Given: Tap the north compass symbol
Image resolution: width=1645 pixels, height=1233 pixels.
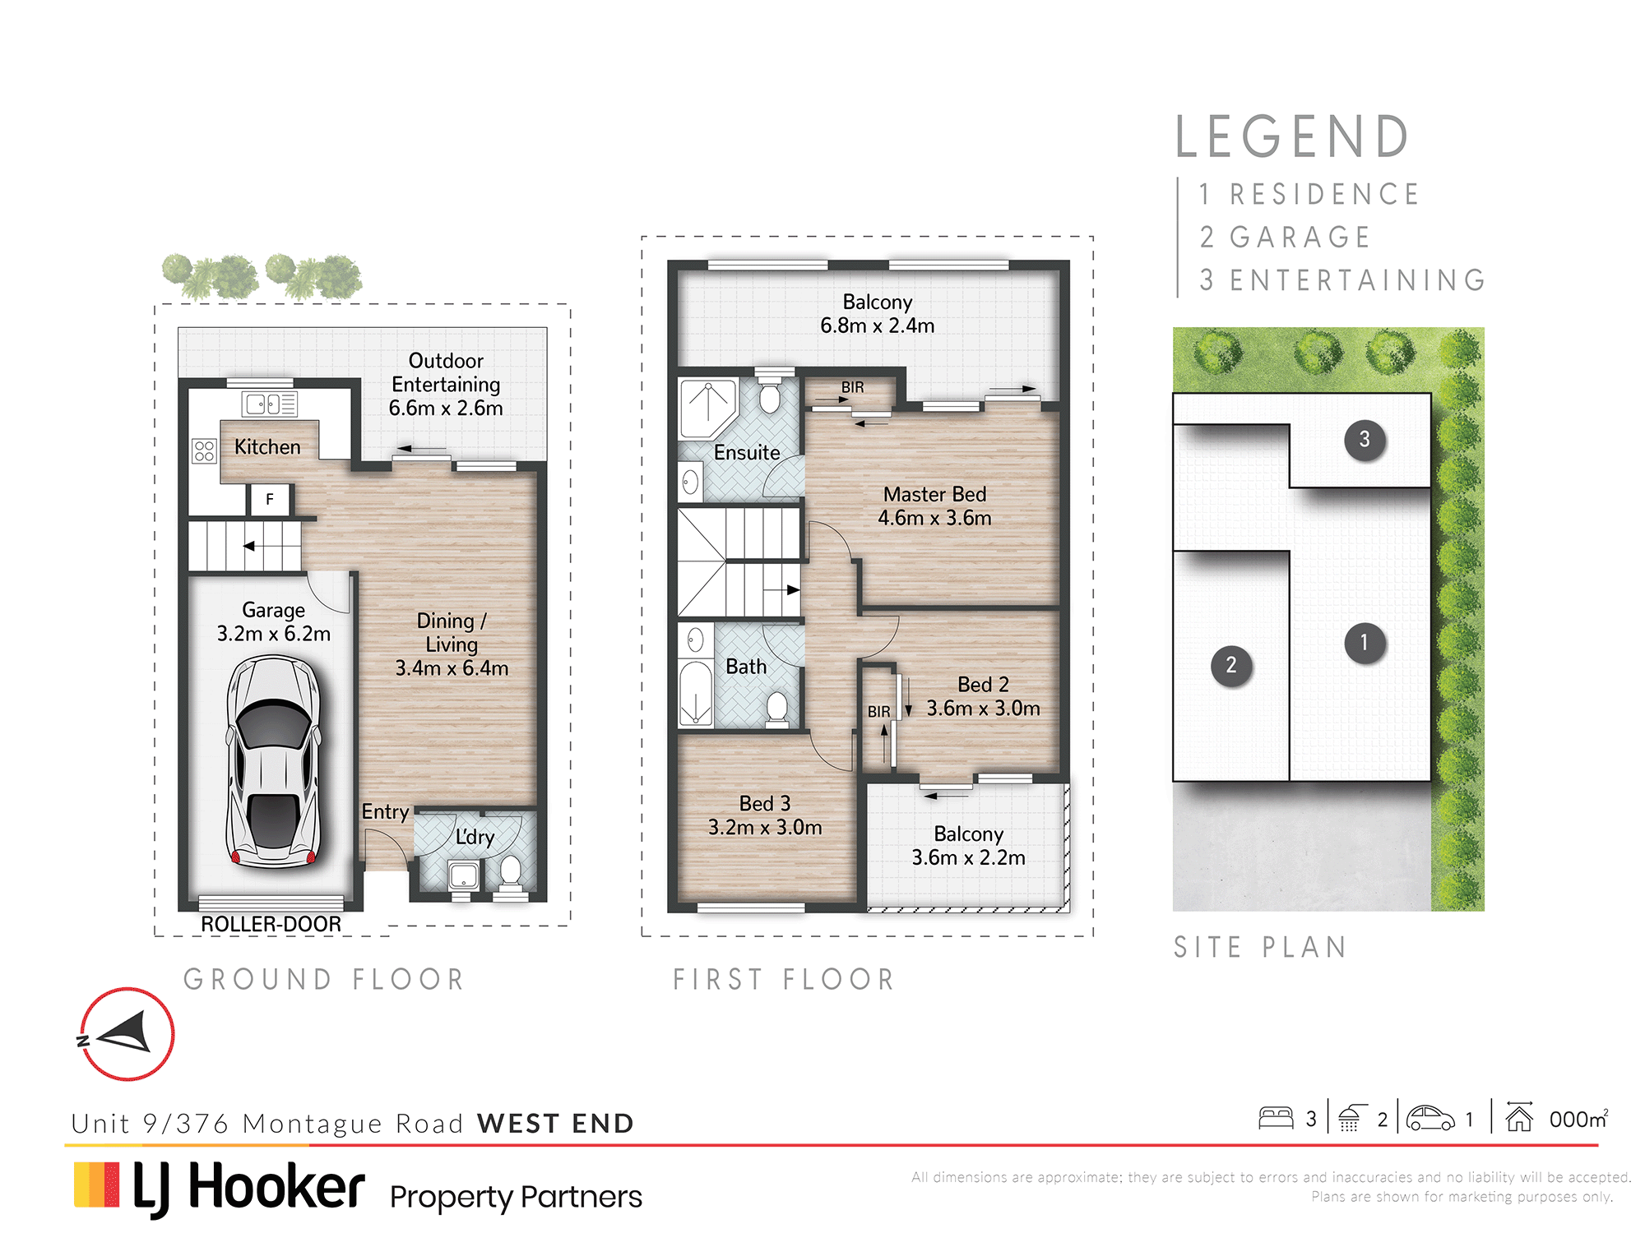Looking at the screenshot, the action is click(127, 1034).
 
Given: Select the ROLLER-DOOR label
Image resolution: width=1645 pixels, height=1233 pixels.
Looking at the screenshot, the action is click(271, 924).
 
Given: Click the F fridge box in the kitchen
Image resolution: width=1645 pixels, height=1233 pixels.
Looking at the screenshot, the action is click(269, 499).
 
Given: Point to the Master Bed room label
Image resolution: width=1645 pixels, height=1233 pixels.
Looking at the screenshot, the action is click(934, 494).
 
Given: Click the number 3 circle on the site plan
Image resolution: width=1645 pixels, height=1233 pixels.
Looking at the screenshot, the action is click(1365, 440).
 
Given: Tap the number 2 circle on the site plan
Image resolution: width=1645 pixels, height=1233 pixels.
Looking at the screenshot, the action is click(1231, 666).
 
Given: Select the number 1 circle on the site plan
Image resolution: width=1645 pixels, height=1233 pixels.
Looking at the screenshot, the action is click(1365, 643).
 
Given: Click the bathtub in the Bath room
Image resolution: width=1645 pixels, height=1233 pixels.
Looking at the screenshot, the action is click(696, 693).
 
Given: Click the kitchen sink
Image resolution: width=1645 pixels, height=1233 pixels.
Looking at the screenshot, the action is click(269, 404).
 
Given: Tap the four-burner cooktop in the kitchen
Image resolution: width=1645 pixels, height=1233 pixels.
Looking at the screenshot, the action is click(204, 451).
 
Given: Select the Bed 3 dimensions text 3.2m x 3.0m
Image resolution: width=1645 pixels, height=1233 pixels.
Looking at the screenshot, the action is click(765, 828).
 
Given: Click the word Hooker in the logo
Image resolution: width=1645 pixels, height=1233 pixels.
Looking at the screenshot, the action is click(276, 1187).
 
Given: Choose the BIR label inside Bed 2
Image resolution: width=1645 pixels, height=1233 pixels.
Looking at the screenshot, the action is click(878, 712).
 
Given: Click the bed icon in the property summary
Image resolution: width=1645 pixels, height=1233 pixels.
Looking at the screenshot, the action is click(1276, 1118).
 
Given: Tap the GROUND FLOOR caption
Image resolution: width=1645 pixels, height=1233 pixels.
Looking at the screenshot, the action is click(324, 979).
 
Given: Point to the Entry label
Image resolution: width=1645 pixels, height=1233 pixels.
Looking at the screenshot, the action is click(385, 812).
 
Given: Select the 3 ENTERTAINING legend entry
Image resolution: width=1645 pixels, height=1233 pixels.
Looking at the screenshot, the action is click(1342, 280).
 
